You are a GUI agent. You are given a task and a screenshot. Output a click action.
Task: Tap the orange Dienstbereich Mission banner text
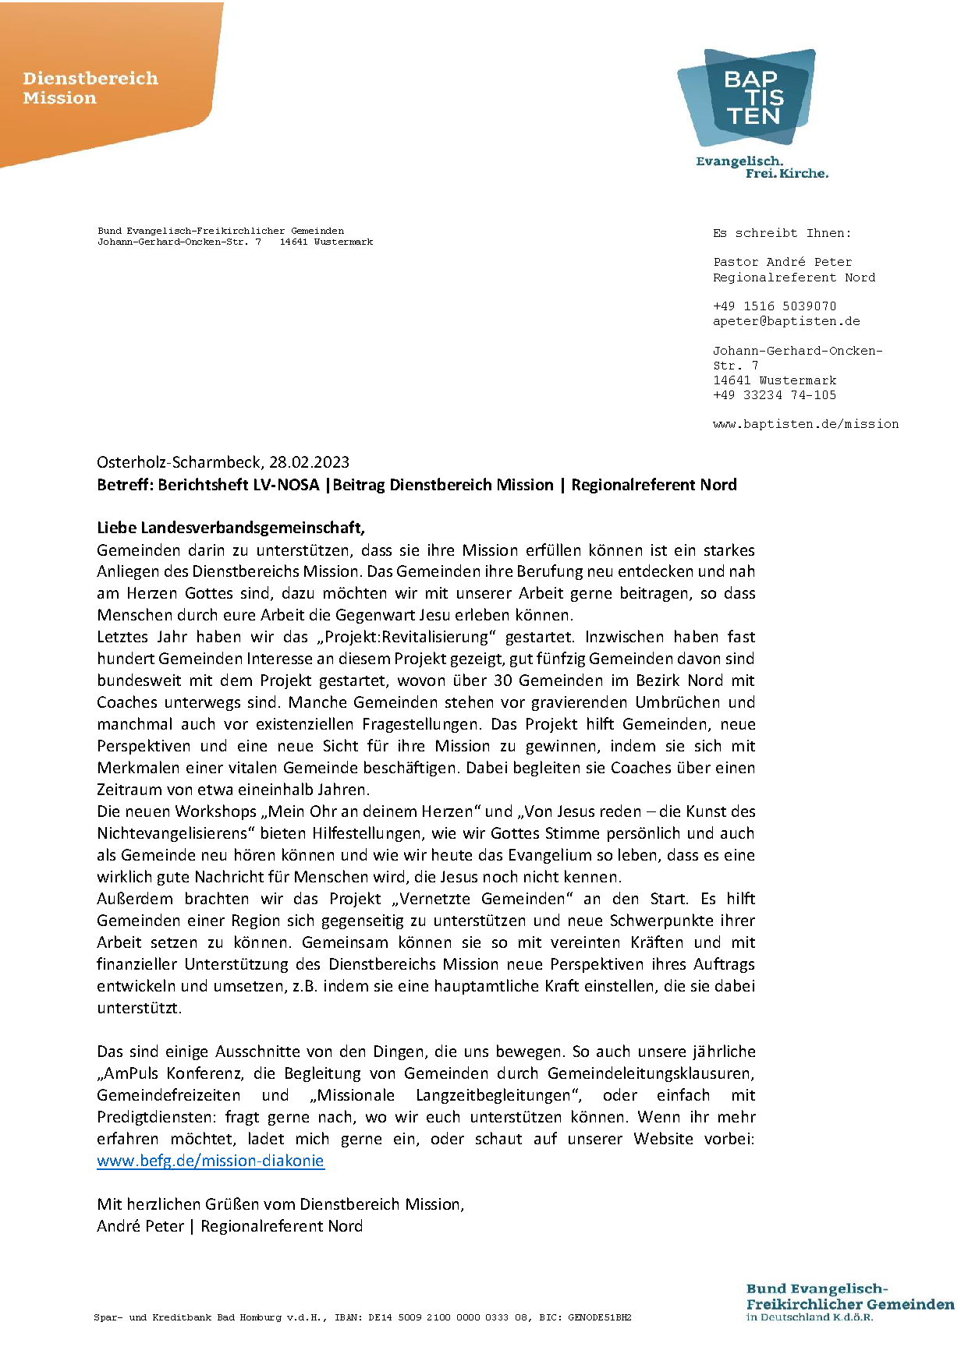pyautogui.click(x=90, y=88)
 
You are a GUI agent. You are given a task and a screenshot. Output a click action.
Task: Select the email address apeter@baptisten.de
pyautogui.click(x=786, y=321)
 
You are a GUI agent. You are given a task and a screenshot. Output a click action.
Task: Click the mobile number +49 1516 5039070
pyautogui.click(x=774, y=306)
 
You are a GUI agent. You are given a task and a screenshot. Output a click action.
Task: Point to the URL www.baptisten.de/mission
pyautogui.click(x=805, y=424)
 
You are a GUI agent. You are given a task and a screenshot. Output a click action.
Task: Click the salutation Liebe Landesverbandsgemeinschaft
pyautogui.click(x=230, y=528)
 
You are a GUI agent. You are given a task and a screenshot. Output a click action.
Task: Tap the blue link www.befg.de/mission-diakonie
pyautogui.click(x=210, y=1161)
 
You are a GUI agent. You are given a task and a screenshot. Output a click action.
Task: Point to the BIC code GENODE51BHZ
pyautogui.click(x=599, y=1317)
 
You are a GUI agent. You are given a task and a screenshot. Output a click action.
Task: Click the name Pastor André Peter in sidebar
pyautogui.click(x=782, y=262)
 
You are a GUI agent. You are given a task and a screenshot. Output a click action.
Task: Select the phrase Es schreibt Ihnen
pyautogui.click(x=782, y=233)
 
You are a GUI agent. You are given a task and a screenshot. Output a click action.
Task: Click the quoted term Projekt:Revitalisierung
pyautogui.click(x=406, y=637)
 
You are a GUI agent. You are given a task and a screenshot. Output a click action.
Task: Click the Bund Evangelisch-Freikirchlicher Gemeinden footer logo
pyautogui.click(x=849, y=1302)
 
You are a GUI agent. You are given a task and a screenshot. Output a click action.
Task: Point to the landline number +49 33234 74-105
pyautogui.click(x=774, y=395)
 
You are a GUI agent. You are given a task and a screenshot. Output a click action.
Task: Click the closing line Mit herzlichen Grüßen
pyautogui.click(x=280, y=1204)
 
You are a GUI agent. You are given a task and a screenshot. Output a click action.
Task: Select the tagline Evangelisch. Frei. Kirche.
pyautogui.click(x=761, y=168)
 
